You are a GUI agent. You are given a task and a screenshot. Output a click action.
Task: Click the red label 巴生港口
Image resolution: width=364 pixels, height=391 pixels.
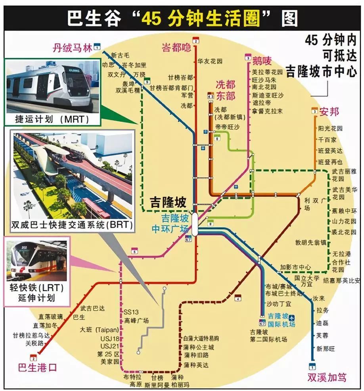[x=38, y=367]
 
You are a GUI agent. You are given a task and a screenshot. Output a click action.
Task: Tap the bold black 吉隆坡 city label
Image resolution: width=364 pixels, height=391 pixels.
[x=168, y=203]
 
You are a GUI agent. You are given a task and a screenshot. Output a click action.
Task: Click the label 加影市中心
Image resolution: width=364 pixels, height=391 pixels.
[x=295, y=267]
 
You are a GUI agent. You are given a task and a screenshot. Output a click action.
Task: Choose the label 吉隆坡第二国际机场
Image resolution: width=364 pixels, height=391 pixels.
[x=268, y=336]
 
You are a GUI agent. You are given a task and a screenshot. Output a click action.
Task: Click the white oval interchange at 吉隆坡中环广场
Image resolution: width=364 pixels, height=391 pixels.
[x=195, y=224]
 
